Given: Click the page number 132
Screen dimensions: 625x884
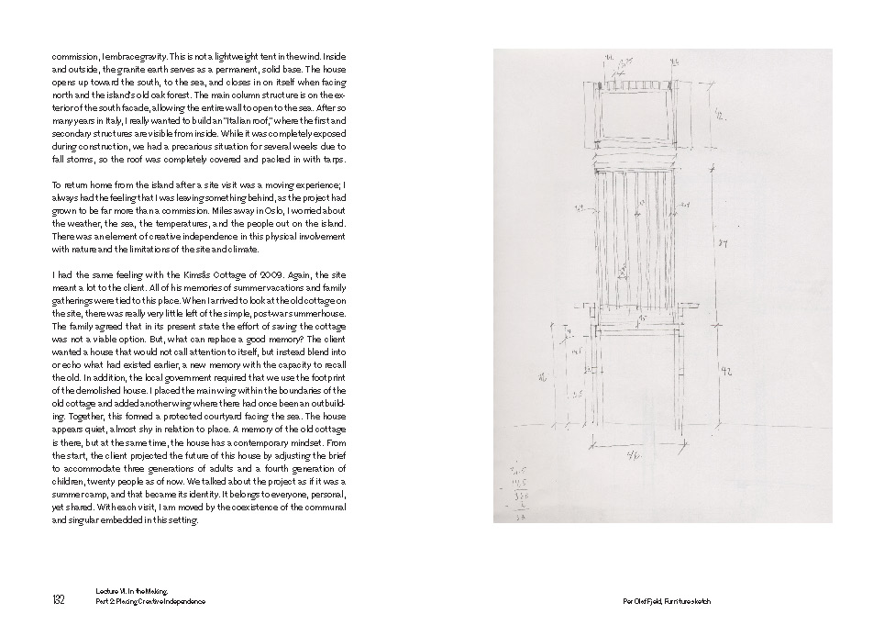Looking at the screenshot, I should [x=58, y=600].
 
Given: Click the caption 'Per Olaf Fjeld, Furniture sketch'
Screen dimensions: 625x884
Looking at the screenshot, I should [x=666, y=602].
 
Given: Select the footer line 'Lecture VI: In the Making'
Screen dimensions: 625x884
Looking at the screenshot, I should [x=129, y=594].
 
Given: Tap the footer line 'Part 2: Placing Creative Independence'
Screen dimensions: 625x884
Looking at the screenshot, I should [x=150, y=602].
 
